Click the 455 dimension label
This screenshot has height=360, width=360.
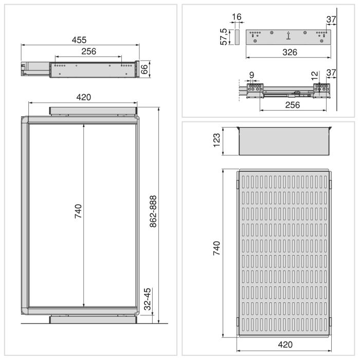coord(79,40)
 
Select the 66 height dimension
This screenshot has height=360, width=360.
coord(145,69)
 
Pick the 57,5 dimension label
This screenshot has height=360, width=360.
coord(224,36)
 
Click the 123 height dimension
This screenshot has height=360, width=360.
coord(217,140)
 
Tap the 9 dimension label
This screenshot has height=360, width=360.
coord(251,75)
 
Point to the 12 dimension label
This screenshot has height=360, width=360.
coord(314,75)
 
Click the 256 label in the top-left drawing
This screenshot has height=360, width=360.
coord(88,51)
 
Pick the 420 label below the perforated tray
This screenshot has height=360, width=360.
coord(285,345)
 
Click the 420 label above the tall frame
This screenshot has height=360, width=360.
coord(83,97)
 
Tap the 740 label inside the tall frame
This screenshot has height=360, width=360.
coord(78,212)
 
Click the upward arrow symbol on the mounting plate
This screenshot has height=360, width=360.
coord(288,35)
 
